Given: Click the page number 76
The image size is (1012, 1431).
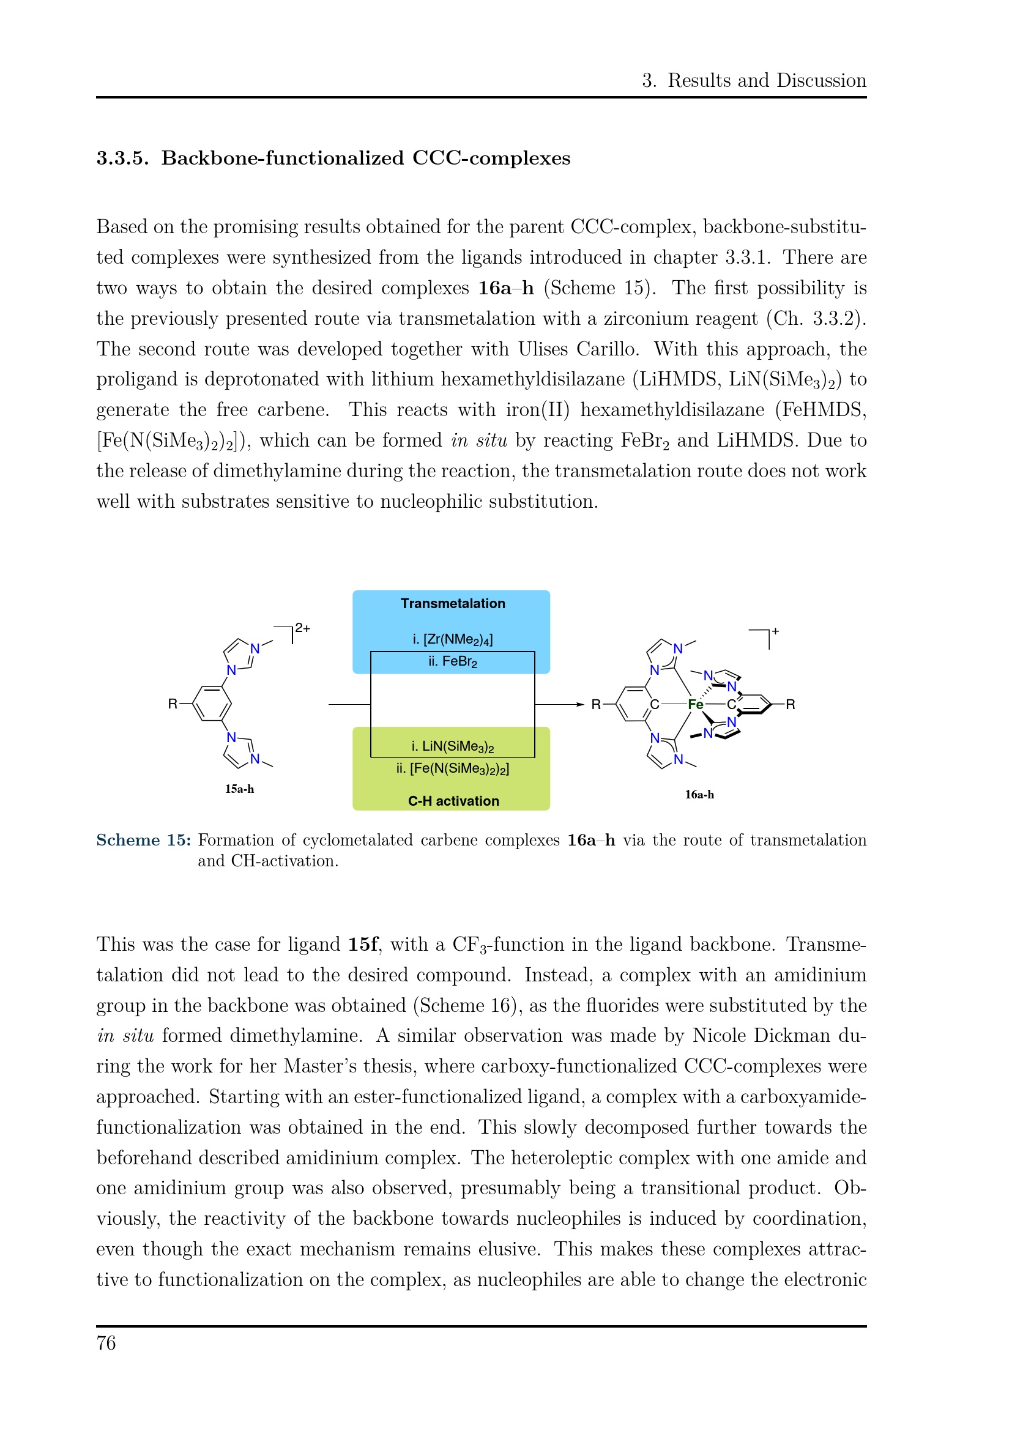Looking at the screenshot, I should (106, 1343).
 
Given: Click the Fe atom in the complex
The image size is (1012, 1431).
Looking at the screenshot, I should (695, 704).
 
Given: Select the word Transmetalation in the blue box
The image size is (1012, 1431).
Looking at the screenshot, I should (452, 603).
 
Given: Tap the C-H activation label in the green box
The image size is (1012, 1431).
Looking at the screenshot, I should (453, 801).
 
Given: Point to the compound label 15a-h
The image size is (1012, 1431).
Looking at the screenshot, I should (239, 789).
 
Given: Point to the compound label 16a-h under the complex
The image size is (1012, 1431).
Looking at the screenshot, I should (699, 795).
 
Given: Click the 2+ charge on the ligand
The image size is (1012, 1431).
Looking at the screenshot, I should (303, 628).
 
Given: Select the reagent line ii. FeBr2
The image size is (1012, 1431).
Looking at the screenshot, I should (452, 661).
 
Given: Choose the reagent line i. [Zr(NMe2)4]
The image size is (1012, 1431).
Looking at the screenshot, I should (452, 639).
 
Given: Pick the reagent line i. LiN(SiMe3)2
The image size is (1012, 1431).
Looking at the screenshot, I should (452, 746).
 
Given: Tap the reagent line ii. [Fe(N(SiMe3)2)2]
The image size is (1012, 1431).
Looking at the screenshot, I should (452, 768).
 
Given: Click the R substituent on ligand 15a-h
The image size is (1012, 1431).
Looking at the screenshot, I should (173, 704).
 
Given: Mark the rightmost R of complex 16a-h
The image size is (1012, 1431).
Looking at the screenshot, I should (790, 704).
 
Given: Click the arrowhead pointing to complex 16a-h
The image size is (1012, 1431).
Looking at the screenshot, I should (580, 704).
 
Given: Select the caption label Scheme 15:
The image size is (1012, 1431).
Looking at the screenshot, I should (143, 840).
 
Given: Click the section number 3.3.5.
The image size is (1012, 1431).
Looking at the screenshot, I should (122, 158).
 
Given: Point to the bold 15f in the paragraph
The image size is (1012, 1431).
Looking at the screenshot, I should (363, 944).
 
